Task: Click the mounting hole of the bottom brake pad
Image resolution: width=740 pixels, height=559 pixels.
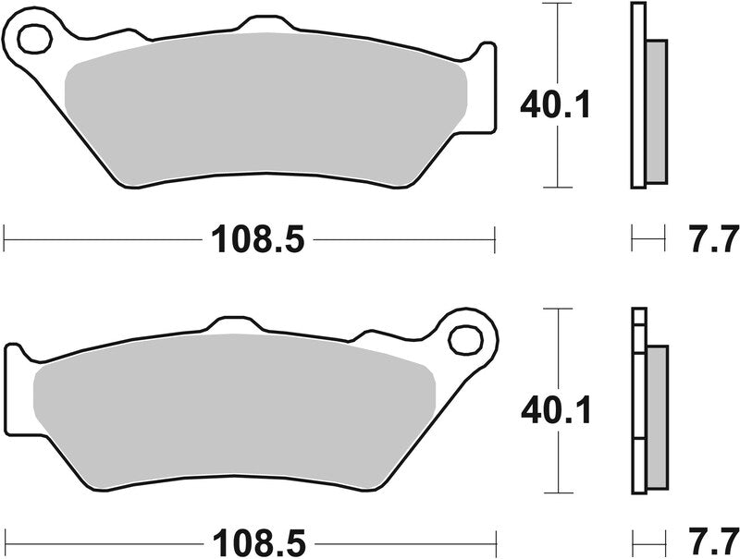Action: click(464, 338)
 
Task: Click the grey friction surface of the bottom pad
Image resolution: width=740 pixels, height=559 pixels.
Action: click(231, 407)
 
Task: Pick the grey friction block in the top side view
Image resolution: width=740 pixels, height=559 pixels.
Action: click(655, 111)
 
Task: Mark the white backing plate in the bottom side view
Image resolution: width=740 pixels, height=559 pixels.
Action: click(637, 407)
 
